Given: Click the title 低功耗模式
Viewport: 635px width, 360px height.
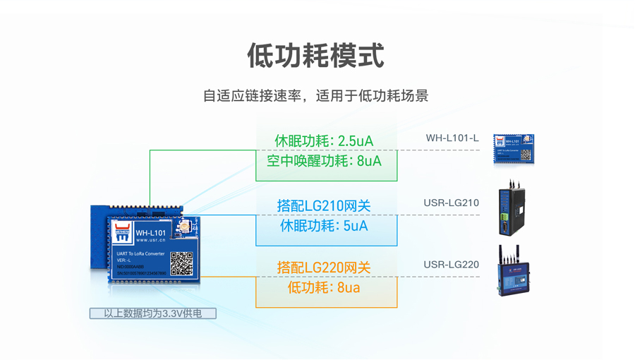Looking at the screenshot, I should pyautogui.click(x=316, y=56).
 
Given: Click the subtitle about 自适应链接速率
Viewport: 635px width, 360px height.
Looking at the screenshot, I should pyautogui.click(x=315, y=96).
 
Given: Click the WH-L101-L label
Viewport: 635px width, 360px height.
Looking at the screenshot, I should pyautogui.click(x=452, y=138).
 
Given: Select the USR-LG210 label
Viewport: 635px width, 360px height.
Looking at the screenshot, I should pyautogui.click(x=451, y=203).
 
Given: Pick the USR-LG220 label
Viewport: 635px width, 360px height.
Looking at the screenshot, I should pyautogui.click(x=451, y=265).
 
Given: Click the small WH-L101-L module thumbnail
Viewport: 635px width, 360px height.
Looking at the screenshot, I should pyautogui.click(x=513, y=149).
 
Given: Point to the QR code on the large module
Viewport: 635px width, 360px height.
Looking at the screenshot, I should pyautogui.click(x=181, y=263).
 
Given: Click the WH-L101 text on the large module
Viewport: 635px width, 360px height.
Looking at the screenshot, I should pyautogui.click(x=150, y=232).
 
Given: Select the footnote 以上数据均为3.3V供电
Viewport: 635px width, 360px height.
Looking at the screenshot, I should pyautogui.click(x=152, y=313).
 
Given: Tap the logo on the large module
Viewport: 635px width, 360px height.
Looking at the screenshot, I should pyautogui.click(x=122, y=232).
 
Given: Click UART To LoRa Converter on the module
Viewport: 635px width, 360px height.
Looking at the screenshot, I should pyautogui.click(x=140, y=253).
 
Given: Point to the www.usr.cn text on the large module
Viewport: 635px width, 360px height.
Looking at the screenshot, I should pyautogui.click(x=150, y=241).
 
